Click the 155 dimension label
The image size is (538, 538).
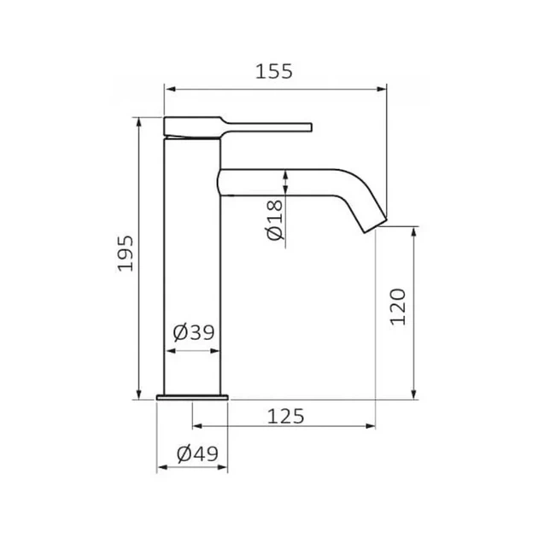[x=274, y=72]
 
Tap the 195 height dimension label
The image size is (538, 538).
[x=126, y=254]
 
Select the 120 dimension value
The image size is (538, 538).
[x=398, y=307]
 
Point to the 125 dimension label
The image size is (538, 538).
[x=285, y=416]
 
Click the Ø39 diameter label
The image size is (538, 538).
[x=194, y=332]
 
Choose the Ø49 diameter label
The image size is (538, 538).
[x=197, y=453]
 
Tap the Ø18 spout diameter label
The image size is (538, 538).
[x=275, y=220]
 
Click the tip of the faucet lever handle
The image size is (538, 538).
[x=311, y=127]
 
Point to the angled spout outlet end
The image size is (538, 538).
[x=376, y=225]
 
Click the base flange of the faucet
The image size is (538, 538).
[x=192, y=398]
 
